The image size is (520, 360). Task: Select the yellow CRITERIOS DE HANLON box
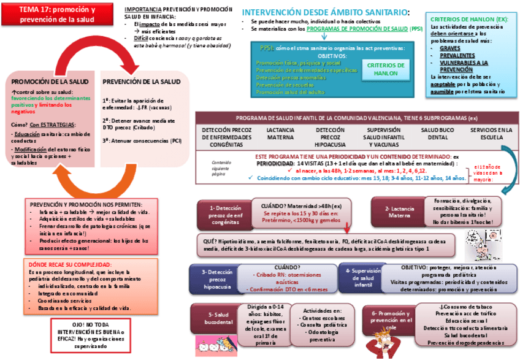pos(385,69)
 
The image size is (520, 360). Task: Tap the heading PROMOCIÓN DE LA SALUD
pos(50,81)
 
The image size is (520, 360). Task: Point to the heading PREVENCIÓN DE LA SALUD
pos(142,81)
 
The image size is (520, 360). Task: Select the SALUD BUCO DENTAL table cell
pos(437,134)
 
